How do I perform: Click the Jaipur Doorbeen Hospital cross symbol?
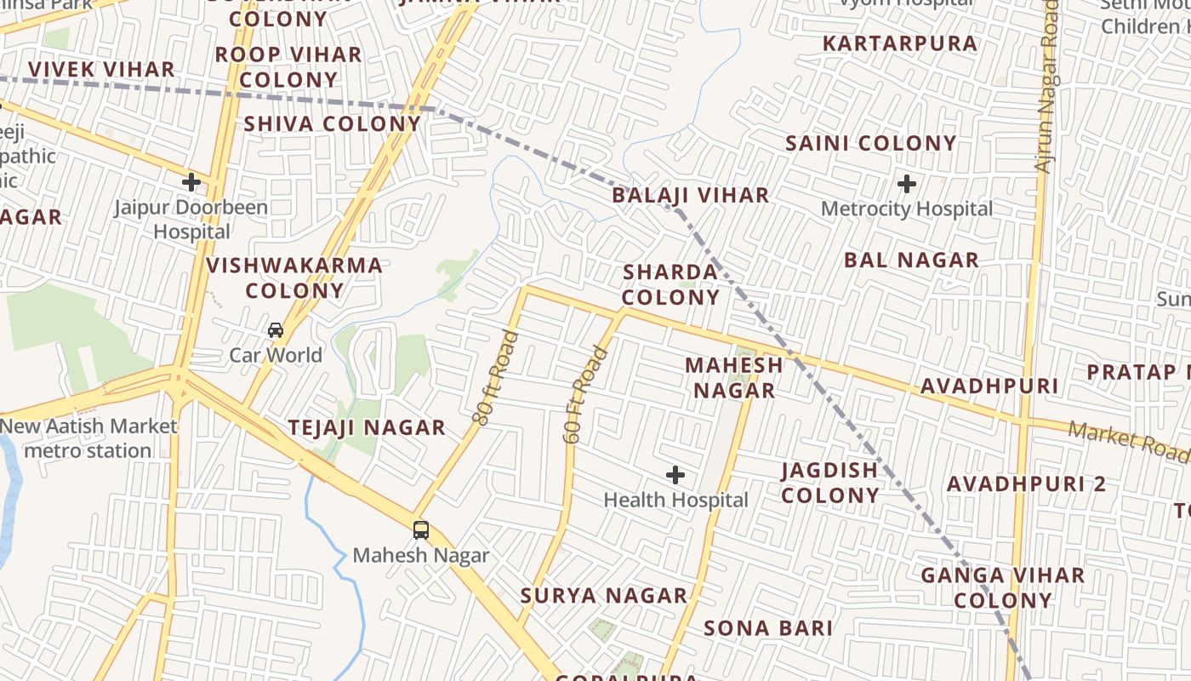point(191,181)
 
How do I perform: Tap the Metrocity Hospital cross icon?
point(907,183)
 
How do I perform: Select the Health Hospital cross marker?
point(675,475)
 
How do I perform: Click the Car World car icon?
point(276,329)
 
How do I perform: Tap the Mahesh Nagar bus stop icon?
point(421,530)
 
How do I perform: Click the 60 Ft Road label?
point(586,394)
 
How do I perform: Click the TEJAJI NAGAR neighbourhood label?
point(367,428)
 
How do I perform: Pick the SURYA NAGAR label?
point(603,596)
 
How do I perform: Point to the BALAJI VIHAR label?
point(691,196)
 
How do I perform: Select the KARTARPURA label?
point(900,43)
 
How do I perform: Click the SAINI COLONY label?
point(871,144)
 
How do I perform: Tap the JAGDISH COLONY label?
point(829,483)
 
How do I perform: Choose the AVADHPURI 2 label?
point(1026,484)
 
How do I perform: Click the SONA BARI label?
point(768,629)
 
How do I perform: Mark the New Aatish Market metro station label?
point(88,438)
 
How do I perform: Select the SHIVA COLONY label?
point(333,124)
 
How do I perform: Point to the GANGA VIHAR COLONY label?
point(1003,587)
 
